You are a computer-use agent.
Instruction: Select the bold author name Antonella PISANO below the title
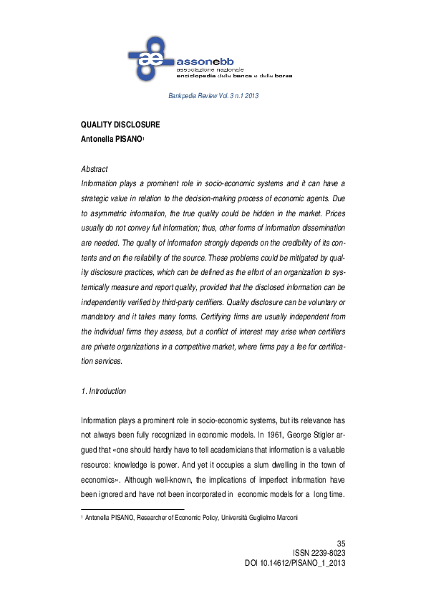[x=111, y=140]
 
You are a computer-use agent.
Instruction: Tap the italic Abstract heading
[x=95, y=169]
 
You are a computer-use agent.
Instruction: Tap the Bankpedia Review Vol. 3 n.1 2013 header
[x=213, y=95]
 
